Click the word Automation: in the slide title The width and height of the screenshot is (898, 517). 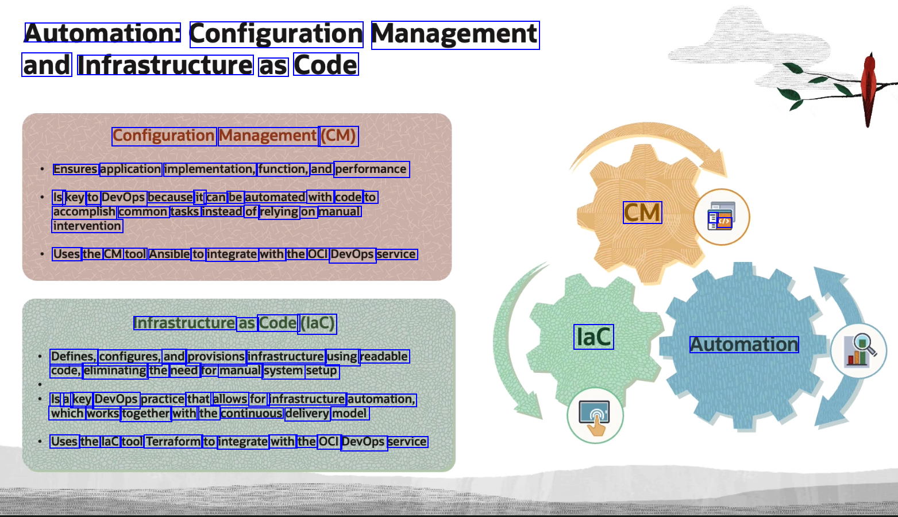click(102, 33)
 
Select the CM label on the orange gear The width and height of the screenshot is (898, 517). click(642, 213)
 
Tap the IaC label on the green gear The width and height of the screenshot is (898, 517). click(593, 337)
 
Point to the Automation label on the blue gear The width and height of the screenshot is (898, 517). click(744, 345)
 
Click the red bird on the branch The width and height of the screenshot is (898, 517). click(869, 86)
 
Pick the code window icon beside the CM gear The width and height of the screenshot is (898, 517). click(721, 217)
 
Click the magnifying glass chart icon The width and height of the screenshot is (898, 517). click(859, 350)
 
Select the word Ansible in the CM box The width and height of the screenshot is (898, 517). click(169, 254)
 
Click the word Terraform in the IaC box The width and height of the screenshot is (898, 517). click(173, 441)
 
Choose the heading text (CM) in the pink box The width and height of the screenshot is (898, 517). click(338, 136)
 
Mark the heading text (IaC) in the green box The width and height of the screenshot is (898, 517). click(318, 323)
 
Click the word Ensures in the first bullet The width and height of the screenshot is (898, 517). click(75, 169)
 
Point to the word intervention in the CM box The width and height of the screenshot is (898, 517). click(87, 226)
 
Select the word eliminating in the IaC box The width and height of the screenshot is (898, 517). click(115, 371)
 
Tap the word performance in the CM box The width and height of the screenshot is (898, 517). click(371, 169)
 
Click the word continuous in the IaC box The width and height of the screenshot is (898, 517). click(252, 413)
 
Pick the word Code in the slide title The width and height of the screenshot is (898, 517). click(326, 65)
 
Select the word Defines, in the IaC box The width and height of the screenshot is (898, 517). click(73, 356)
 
